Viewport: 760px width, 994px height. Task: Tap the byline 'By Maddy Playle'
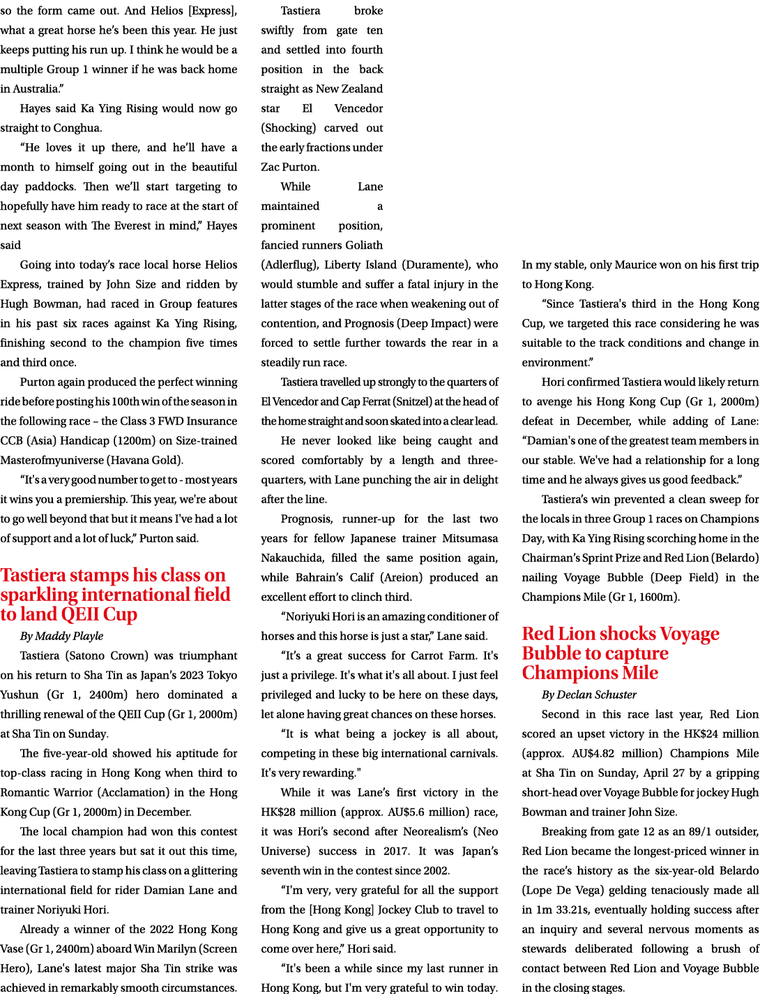[61, 636]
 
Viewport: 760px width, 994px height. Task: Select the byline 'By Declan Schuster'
[589, 695]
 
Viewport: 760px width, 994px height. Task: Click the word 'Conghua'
[77, 128]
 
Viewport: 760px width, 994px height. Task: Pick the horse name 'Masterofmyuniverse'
[52, 461]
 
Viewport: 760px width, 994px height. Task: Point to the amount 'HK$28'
[277, 812]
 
